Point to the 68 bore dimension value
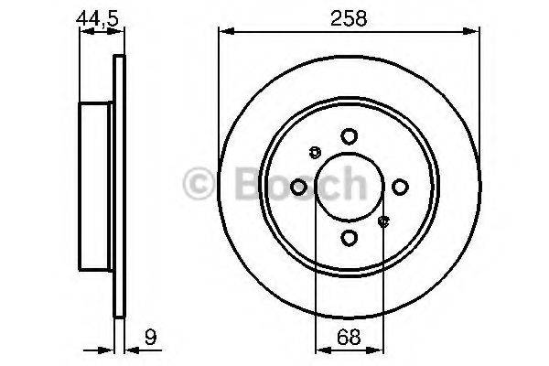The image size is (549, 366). pos(349,338)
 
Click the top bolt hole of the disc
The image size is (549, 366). pos(349,136)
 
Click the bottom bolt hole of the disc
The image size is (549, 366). pos(349,238)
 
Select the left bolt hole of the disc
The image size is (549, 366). pos(298,188)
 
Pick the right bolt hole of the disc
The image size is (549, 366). pos(400,188)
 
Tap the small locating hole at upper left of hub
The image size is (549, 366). pos(316,153)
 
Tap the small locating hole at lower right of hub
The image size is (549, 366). pos(383,220)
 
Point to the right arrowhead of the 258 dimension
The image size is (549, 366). pos(475,33)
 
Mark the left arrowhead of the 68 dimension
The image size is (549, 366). pos(319,349)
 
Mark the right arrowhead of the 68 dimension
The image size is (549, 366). pos(378,349)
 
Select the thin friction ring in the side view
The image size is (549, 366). pos(118,188)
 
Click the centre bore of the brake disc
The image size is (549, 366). pos(349,188)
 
